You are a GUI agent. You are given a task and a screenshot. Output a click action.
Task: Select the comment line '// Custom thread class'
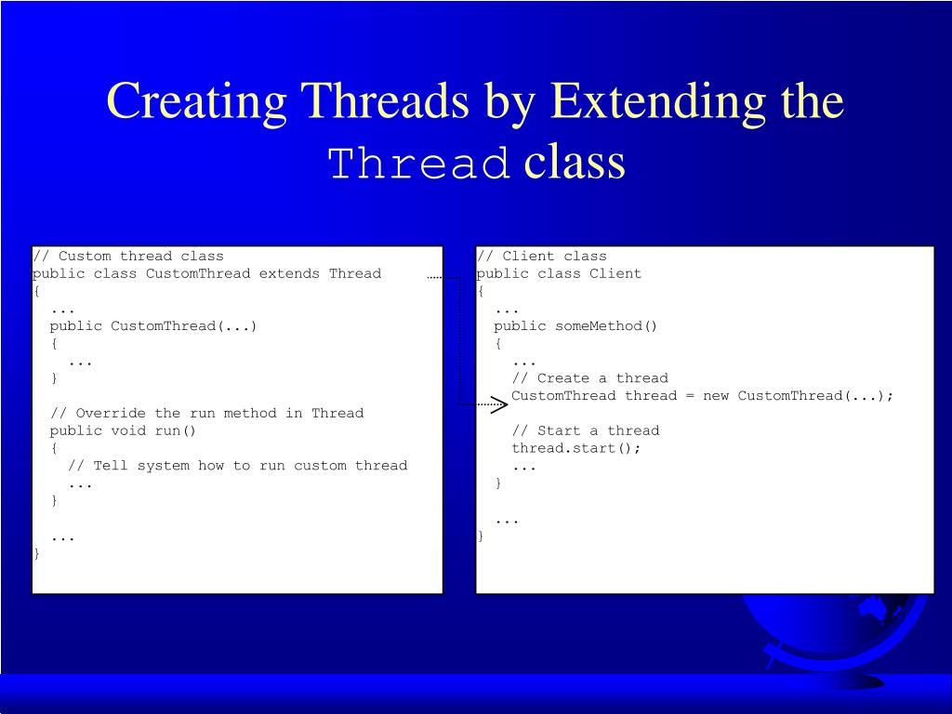pyautogui.click(x=128, y=256)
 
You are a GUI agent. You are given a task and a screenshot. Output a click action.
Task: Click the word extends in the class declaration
pyautogui.click(x=289, y=273)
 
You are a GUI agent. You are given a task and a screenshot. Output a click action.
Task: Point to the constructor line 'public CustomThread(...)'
pyautogui.click(x=153, y=325)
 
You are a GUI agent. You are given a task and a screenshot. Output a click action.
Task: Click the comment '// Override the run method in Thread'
pyautogui.click(x=206, y=413)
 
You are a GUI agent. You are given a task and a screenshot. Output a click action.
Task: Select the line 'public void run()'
pyautogui.click(x=124, y=430)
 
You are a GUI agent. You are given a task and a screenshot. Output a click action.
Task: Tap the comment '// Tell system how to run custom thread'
pyautogui.click(x=237, y=465)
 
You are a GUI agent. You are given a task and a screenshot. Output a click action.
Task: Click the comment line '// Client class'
pyautogui.click(x=541, y=256)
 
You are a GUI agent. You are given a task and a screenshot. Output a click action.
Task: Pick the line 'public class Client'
pyautogui.click(x=559, y=273)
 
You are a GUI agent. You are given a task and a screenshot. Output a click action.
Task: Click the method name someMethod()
pyautogui.click(x=606, y=325)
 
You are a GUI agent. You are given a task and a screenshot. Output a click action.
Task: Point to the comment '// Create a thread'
pyautogui.click(x=589, y=377)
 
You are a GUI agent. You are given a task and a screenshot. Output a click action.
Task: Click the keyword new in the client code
pyautogui.click(x=716, y=395)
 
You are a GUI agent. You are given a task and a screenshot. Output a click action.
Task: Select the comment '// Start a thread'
pyautogui.click(x=585, y=430)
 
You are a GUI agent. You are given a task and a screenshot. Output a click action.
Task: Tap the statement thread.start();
pyautogui.click(x=576, y=447)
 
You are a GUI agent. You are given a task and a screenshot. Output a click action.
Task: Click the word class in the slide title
pyautogui.click(x=575, y=163)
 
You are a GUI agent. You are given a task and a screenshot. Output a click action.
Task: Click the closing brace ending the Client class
pyautogui.click(x=481, y=535)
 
